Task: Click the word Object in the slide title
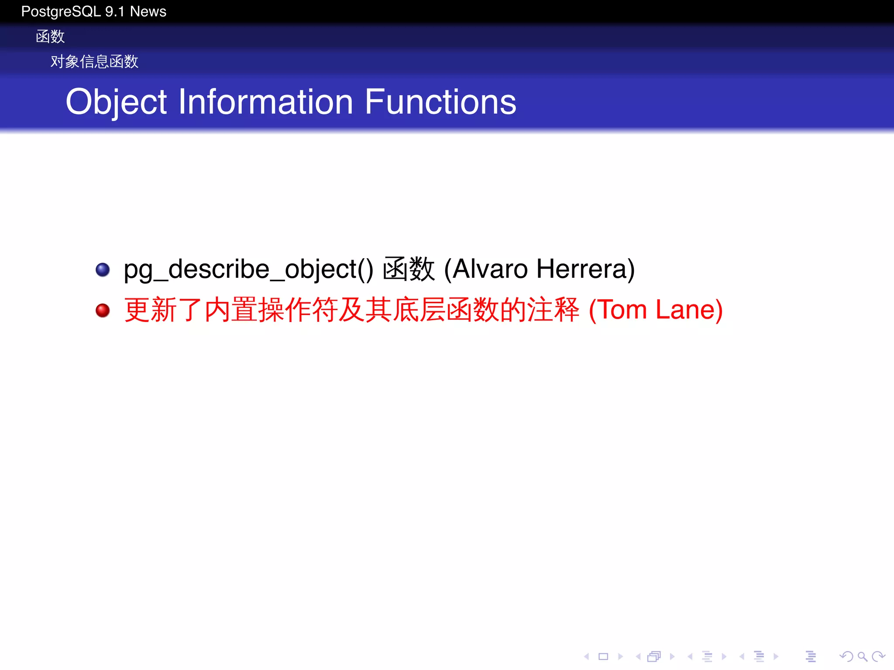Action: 116,102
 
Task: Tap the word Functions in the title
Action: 440,102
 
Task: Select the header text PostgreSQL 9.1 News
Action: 93,11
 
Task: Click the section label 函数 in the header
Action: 50,37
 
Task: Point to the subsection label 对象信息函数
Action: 94,62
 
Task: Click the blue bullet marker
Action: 103,270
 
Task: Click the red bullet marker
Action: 103,310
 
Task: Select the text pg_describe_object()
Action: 248,269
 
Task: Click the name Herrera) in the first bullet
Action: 585,269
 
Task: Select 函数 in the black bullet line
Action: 409,269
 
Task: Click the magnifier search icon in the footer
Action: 862,656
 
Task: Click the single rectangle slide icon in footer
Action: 603,656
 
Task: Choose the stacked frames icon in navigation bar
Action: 654,656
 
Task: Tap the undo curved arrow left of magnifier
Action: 846,656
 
